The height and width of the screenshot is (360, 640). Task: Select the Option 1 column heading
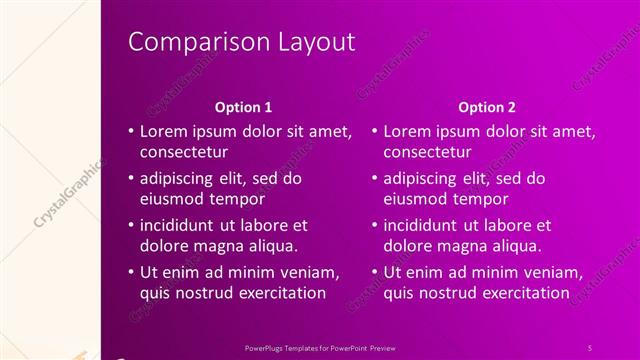(244, 106)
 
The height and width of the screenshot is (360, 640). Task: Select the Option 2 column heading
(487, 106)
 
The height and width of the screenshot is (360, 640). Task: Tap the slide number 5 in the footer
(590, 347)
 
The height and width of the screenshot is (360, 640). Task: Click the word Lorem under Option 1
(163, 131)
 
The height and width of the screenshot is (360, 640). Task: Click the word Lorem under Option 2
(407, 131)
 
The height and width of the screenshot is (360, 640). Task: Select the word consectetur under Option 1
(184, 152)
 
